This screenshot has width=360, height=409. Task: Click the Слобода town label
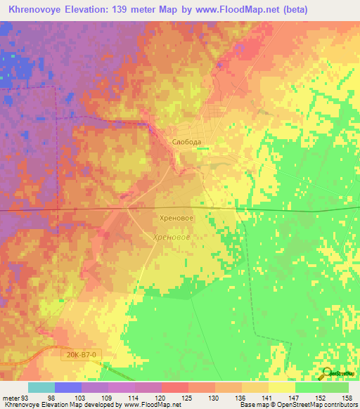pyautogui.click(x=187, y=141)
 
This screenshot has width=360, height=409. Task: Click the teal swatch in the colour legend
pyautogui.click(x=41, y=387)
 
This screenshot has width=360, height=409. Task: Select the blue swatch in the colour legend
pyautogui.click(x=68, y=387)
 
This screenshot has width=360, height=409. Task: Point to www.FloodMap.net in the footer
pyautogui.click(x=150, y=405)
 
